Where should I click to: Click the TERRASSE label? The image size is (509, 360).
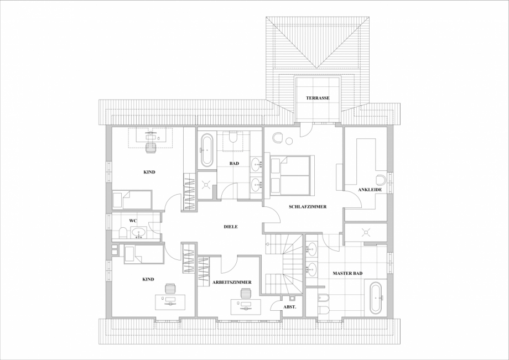coord(318,98)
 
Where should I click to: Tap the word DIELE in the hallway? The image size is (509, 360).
coord(231,227)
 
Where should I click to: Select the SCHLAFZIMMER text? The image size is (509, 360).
coord(307,207)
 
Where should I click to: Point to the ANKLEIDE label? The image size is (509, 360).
coord(370,190)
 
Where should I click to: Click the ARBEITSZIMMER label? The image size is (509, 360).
coord(232,282)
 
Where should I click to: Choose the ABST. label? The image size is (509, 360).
coord(289,307)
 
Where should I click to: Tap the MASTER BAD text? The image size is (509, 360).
coord(347,273)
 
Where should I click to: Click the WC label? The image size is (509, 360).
coord(133,221)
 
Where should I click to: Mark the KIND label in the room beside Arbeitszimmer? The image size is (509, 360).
coord(148,279)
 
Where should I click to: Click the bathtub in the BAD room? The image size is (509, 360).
coord(206,149)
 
